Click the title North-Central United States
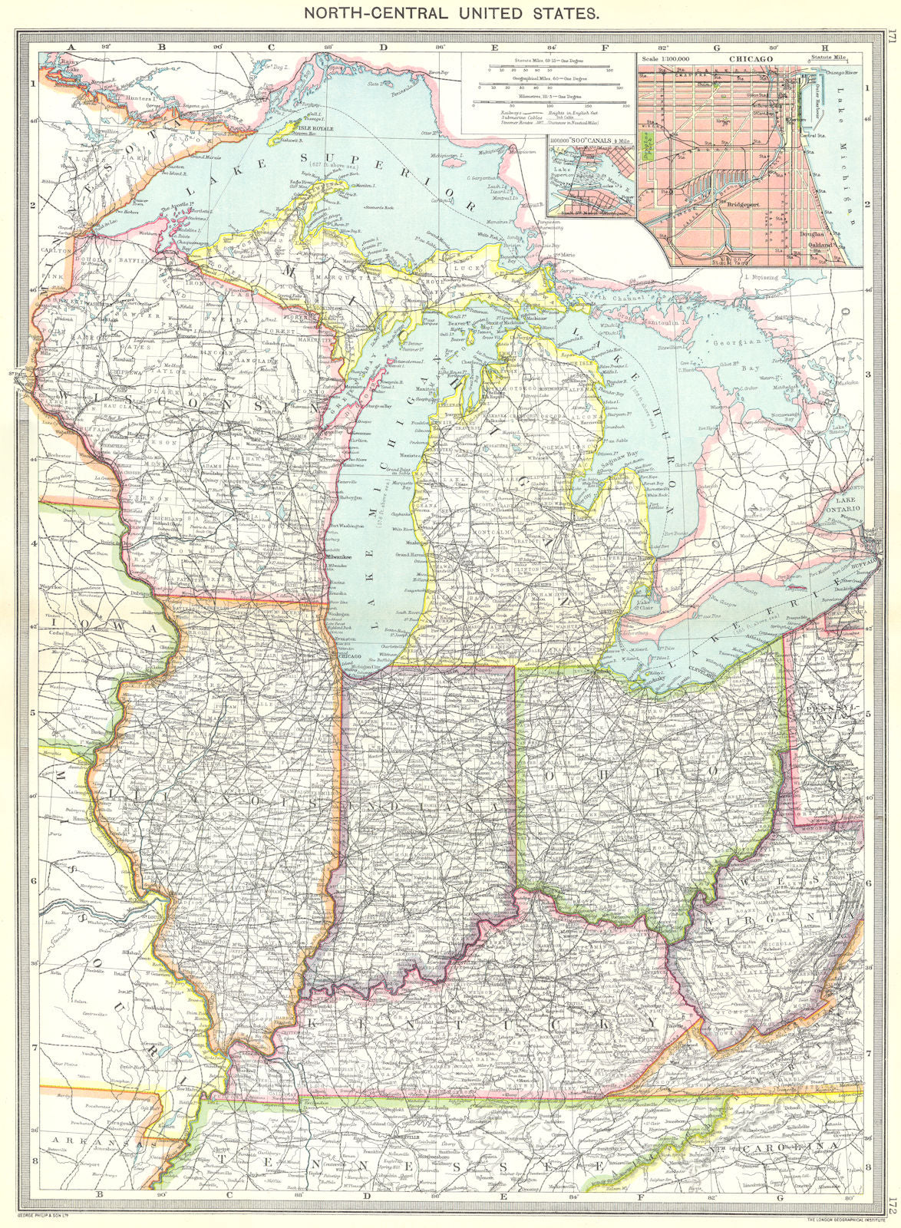coord(450,13)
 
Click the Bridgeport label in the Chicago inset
coord(735,205)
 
